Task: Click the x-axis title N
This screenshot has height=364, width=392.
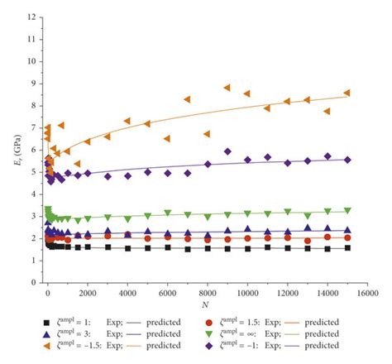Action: click(x=207, y=303)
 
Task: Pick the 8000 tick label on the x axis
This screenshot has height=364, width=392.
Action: click(x=207, y=293)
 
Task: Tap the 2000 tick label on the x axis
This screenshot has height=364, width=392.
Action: click(x=87, y=293)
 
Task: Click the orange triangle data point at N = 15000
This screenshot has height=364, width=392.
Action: click(x=347, y=93)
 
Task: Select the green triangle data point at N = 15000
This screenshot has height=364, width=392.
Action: click(x=347, y=211)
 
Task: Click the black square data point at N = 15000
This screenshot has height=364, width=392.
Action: click(x=347, y=247)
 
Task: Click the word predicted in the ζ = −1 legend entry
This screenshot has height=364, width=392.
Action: click(x=320, y=345)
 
